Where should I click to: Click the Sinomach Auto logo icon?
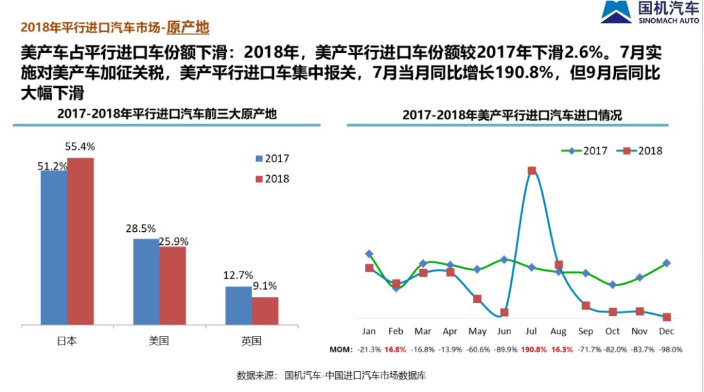tap(613, 12)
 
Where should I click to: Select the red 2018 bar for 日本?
tap(81, 241)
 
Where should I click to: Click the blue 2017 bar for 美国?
tap(146, 281)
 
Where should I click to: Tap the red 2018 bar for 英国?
tap(265, 311)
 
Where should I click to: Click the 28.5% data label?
tap(141, 229)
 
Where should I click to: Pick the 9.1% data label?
tap(265, 286)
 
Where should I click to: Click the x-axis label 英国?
tap(252, 341)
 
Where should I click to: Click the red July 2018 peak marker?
tap(532, 171)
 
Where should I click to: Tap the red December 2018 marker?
tap(666, 317)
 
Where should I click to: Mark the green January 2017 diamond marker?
tap(369, 254)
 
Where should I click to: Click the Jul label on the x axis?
tap(531, 331)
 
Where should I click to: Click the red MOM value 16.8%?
tap(395, 350)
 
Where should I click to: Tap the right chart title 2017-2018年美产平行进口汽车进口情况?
tap(512, 115)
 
